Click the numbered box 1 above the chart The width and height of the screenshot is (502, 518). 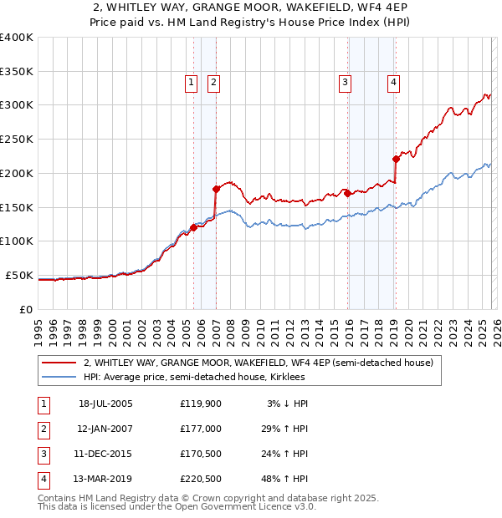192,82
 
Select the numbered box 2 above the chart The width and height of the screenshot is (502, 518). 214,82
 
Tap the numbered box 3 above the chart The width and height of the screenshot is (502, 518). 345,82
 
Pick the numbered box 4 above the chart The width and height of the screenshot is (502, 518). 392,82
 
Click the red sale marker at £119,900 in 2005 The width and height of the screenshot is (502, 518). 193,227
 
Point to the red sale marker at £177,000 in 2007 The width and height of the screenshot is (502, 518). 216,189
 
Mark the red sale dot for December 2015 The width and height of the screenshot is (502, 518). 347,193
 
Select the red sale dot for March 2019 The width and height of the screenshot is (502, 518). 396,159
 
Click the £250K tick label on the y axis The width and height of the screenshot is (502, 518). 16,139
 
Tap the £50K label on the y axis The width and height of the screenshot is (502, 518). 19,275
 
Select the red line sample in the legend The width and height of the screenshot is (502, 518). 59,363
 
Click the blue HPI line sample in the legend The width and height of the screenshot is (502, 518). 59,378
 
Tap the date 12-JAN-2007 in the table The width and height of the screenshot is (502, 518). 105,429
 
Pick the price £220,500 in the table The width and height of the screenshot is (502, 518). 201,479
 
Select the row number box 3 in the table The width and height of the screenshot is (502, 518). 43,454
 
